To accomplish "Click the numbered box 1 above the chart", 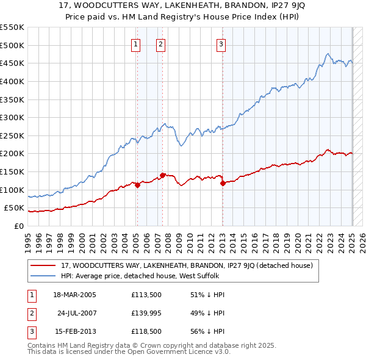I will click(x=135, y=43).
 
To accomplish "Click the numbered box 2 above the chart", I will click(x=160, y=43).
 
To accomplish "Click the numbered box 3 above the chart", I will click(x=220, y=43).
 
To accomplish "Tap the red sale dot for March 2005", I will click(x=137, y=185).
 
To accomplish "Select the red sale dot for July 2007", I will click(x=163, y=175).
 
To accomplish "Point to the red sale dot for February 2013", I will click(x=223, y=183).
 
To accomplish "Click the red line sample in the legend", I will click(x=43, y=266).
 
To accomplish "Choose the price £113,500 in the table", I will click(x=145, y=294).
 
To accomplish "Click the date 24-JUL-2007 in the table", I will click(x=78, y=313).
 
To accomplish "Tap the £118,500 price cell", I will click(x=145, y=333).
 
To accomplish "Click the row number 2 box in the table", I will click(x=30, y=313).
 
